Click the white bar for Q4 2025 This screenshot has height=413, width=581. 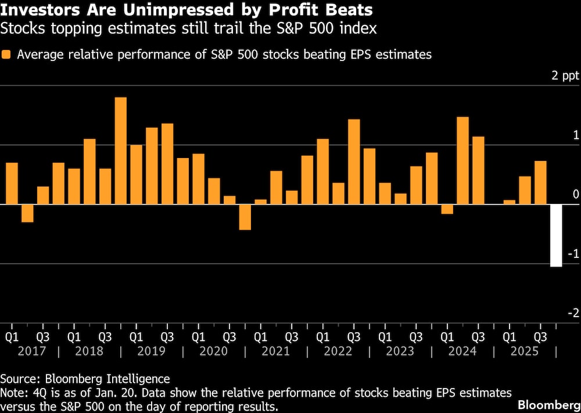point(556,235)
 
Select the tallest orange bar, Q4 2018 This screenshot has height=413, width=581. point(120,150)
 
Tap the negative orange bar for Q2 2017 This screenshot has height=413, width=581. point(27,213)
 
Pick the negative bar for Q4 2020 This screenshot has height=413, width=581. point(245,217)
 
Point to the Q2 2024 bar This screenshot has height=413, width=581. point(462,160)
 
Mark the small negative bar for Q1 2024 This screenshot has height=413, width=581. point(447,209)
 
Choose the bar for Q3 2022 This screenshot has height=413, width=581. point(353,161)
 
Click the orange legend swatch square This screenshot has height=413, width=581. point(7,55)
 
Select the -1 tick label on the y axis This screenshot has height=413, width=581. point(574,254)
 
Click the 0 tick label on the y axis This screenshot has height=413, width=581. point(576,195)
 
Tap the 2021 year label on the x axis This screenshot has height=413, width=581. point(275,351)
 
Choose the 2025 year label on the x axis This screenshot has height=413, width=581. point(525,351)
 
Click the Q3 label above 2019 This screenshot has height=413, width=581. point(167,336)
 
